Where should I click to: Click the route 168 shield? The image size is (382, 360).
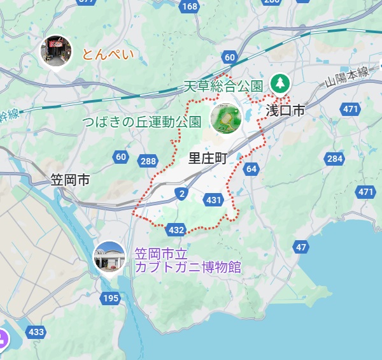point(189,6)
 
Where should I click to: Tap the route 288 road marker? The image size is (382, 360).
point(148,161)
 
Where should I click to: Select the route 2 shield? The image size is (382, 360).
point(183,193)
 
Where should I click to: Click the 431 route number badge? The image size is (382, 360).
point(215,201)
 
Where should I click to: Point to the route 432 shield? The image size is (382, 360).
point(176,229)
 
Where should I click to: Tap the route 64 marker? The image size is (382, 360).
point(251,169)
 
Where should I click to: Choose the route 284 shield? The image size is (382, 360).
point(334,158)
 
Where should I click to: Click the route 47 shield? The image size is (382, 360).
point(301,247)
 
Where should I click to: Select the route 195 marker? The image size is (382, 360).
point(111,298)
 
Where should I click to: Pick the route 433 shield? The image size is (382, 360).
point(36,332)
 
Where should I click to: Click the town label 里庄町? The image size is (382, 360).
point(208,159)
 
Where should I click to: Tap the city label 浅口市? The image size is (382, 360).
point(285,111)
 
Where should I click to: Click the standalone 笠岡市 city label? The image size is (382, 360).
point(70,180)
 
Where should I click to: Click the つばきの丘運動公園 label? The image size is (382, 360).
point(142,121)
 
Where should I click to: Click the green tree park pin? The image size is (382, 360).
point(279,83)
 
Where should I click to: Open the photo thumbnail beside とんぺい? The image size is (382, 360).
point(56,51)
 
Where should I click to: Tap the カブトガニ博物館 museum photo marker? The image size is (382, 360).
point(110,257)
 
